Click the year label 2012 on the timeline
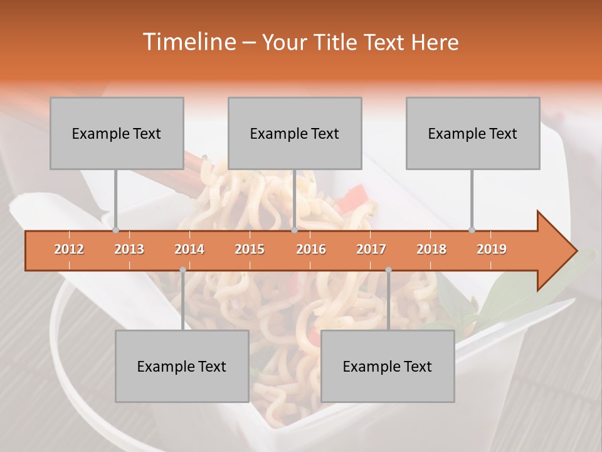click(x=69, y=249)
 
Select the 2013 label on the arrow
click(x=129, y=249)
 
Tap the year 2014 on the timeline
click(x=189, y=249)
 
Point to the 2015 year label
click(x=250, y=249)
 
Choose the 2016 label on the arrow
click(x=311, y=249)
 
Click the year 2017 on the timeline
click(x=371, y=249)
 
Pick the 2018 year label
click(x=431, y=249)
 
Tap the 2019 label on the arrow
click(x=492, y=249)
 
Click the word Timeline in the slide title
click(x=188, y=42)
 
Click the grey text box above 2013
click(x=117, y=133)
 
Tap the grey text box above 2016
click(x=295, y=133)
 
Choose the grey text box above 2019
click(x=473, y=133)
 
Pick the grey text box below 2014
click(x=182, y=366)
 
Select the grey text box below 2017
click(x=388, y=366)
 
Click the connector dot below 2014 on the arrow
click(x=182, y=270)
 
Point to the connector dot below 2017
click(x=388, y=270)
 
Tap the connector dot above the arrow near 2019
click(x=472, y=230)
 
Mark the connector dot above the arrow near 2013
click(x=115, y=230)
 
